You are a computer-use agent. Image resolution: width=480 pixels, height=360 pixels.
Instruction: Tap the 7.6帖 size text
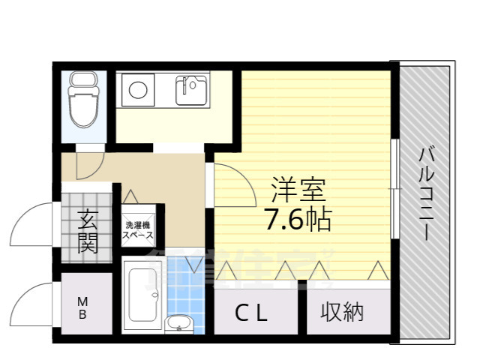tap(297, 218)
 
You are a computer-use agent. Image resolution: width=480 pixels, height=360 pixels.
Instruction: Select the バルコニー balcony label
tap(425, 193)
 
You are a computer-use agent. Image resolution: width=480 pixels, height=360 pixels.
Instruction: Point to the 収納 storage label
tap(343, 312)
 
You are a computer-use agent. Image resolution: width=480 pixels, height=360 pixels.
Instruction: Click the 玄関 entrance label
tap(87, 232)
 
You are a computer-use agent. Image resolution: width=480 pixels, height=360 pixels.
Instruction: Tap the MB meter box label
tap(82, 308)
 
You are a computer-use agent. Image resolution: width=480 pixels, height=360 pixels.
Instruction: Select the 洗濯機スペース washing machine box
tap(139, 229)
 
